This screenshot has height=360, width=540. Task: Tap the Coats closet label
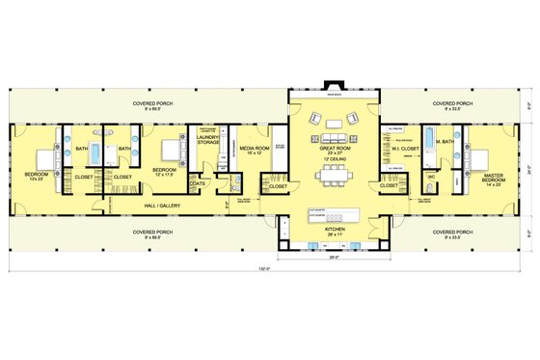[198, 182]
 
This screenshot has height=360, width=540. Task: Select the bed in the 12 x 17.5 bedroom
[169, 151]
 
